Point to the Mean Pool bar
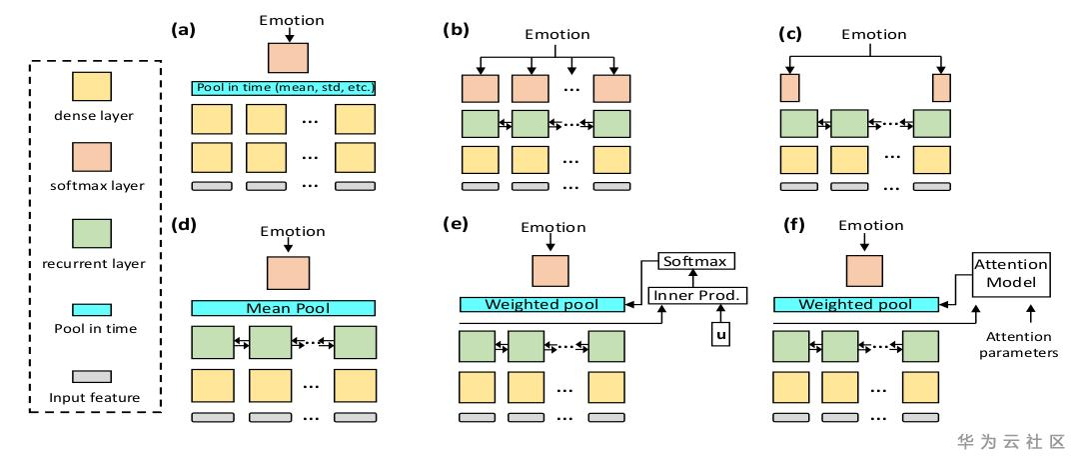pyautogui.click(x=283, y=308)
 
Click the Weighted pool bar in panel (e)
pyautogui.click(x=541, y=304)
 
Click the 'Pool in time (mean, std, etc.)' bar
pyautogui.click(x=283, y=88)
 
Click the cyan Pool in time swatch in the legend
pyautogui.click(x=89, y=311)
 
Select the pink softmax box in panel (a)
pyautogui.click(x=288, y=56)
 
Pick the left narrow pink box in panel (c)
pyautogui.click(x=789, y=87)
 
